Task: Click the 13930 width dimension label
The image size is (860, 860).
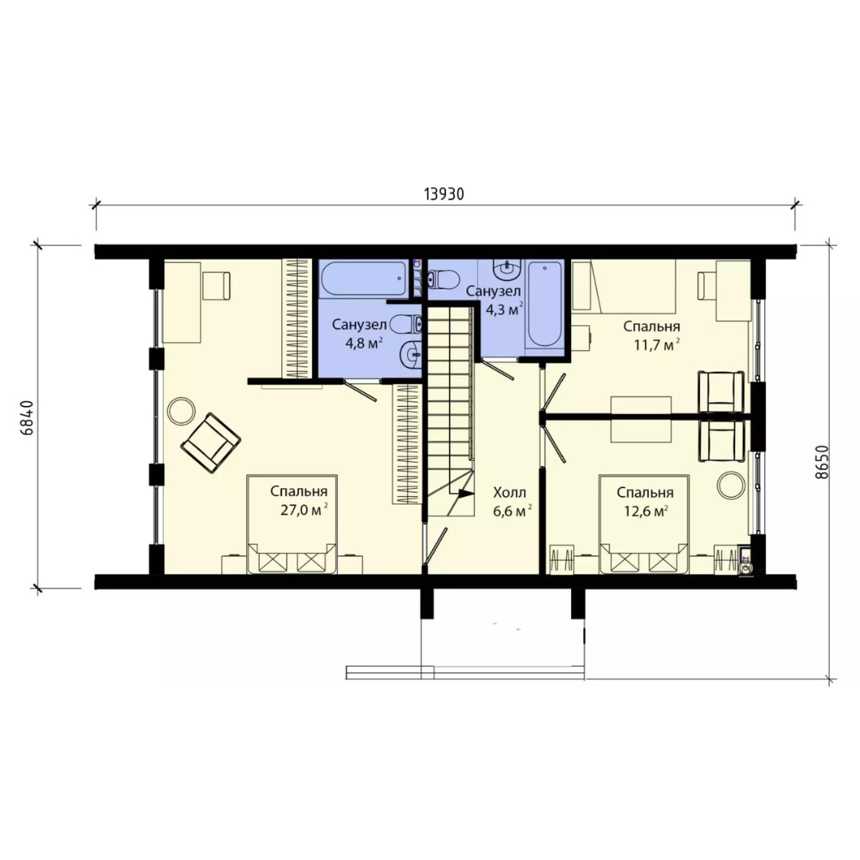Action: click(444, 194)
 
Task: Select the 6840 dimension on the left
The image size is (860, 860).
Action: click(27, 418)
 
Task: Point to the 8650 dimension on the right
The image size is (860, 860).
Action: click(821, 462)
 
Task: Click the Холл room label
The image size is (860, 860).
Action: click(510, 491)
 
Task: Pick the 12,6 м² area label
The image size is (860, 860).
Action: click(646, 510)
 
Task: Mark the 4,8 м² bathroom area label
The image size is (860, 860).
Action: click(364, 344)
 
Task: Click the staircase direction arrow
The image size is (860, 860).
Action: click(466, 493)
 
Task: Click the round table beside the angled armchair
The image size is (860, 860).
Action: click(181, 410)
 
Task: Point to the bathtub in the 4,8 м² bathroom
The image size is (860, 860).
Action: click(364, 279)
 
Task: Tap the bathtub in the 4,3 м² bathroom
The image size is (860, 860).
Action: click(544, 303)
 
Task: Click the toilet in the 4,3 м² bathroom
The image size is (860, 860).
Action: click(442, 279)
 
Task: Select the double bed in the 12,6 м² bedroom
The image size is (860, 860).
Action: click(644, 524)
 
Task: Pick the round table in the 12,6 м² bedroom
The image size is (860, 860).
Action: click(731, 485)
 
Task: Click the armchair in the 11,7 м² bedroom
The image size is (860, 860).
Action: click(721, 392)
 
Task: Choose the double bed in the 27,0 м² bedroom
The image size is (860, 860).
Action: click(291, 524)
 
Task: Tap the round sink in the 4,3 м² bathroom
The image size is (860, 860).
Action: click(506, 269)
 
